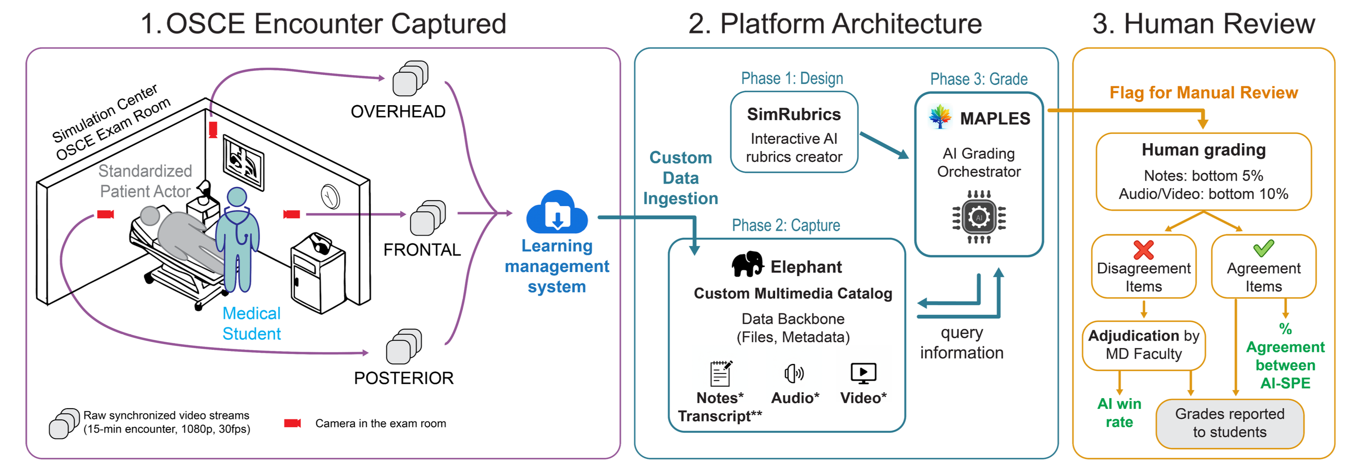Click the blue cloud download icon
(x=557, y=213)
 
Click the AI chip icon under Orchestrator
(x=979, y=217)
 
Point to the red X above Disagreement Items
(x=1143, y=250)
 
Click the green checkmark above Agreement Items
(x=1263, y=248)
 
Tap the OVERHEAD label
(x=398, y=111)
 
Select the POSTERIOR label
(x=403, y=378)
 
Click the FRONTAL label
(x=422, y=250)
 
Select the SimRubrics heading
(x=794, y=114)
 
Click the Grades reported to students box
(x=1230, y=423)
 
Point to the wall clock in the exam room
(x=330, y=197)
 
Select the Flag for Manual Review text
(x=1203, y=93)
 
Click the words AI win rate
(x=1119, y=413)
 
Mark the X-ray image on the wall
(x=244, y=162)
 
